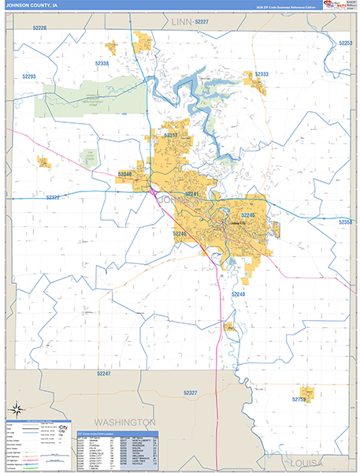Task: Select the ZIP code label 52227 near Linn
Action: pos(202,22)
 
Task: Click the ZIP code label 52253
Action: pos(344,43)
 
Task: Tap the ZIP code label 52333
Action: pos(262,74)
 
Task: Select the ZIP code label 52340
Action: pos(124,173)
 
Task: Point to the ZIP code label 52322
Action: pos(53,197)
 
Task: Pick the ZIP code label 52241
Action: pos(192,194)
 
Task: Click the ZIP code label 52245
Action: pos(248,214)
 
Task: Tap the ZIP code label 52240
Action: pos(239,293)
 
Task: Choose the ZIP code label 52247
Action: pos(103,373)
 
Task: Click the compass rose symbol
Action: pos(15,409)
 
